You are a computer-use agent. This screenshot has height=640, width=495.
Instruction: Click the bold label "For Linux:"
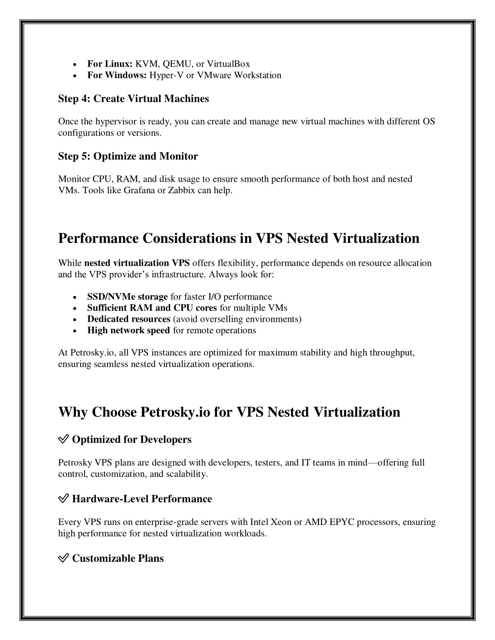point(110,64)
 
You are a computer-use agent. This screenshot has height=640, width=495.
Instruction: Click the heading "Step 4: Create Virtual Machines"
point(133,99)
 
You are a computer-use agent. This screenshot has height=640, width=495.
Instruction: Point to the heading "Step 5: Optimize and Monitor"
point(128,156)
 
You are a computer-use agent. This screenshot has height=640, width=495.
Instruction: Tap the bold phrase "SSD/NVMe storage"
point(127,297)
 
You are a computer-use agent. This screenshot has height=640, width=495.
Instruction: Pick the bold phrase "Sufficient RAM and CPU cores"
point(152,308)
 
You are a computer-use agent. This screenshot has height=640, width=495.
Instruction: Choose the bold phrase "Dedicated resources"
point(129,319)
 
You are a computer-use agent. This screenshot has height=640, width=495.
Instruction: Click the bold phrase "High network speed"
point(128,330)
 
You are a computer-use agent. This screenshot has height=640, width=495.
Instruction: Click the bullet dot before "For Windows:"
point(73,76)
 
